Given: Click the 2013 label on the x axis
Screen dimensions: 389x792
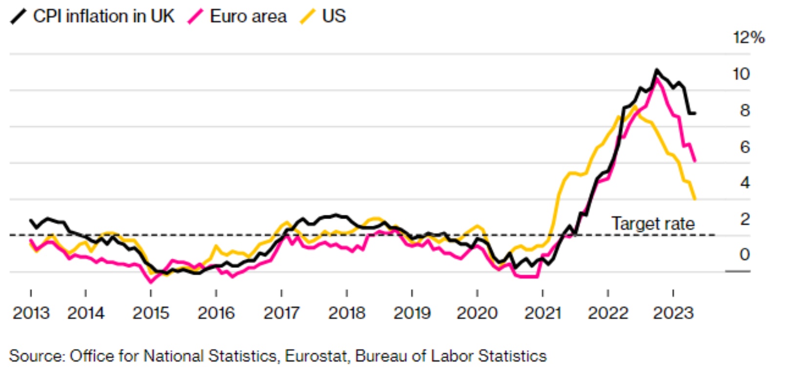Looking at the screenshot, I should pos(31,313).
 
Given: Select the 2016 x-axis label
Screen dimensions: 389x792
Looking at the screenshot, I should pos(216,313).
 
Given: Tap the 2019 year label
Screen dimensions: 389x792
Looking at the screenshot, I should pos(412,313).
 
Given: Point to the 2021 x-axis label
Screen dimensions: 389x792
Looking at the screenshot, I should pos(542,313).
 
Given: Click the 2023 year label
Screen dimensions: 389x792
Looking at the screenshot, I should pos(673,313).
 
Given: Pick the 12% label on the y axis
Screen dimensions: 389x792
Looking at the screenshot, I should pos(748,38).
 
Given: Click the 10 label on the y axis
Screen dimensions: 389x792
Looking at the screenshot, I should pos(741,74).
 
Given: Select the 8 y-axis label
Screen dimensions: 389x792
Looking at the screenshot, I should pos(745,110).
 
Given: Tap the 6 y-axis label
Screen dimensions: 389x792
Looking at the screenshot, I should pos(745,147).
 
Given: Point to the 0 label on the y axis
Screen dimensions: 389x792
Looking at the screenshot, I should pos(745,254).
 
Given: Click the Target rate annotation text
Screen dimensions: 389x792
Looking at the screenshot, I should pos(653,224).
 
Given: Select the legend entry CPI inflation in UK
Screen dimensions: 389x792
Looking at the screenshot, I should pos(104,16).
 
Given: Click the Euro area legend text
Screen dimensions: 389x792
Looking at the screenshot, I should pos(248,16).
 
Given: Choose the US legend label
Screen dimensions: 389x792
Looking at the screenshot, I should pos(334,16).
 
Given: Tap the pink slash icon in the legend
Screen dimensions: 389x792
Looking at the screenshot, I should pos(195,17).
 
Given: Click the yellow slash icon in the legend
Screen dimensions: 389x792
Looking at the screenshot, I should pos(308,17).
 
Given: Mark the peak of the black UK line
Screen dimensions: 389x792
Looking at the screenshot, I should pos(656,70).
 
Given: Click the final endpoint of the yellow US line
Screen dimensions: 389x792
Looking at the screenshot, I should pos(695,199).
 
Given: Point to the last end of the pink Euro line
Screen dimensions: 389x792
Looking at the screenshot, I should pos(695,161).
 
